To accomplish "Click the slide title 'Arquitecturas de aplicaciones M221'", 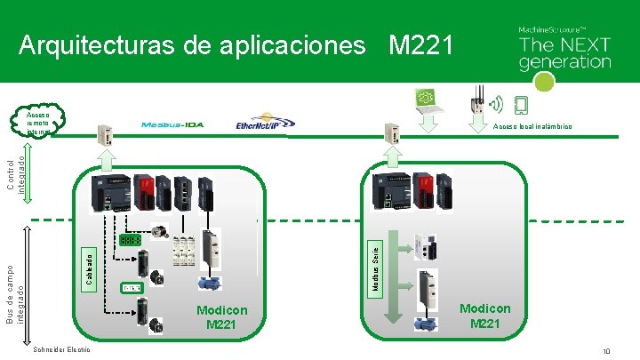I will pos(236,44).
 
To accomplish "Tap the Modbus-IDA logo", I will pos(172,124).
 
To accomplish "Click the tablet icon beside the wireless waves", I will pos(521,106).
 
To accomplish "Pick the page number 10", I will pos(605,352).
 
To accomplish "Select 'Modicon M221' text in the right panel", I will pos(485,316).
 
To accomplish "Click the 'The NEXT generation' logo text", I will pos(564,52).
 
